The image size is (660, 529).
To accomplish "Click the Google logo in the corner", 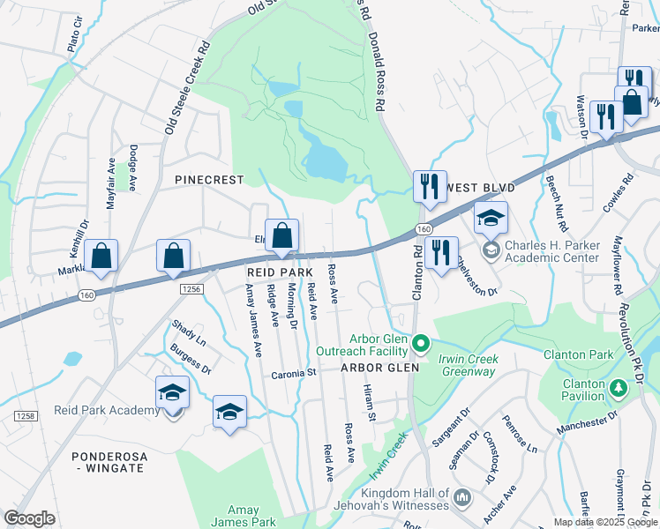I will coord(29,518).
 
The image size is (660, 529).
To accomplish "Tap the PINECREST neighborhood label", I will coord(208,179).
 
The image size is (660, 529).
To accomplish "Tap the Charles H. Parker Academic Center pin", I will coord(491,250).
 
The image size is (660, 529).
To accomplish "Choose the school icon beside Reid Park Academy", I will coord(172,393).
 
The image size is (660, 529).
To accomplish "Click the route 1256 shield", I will coord(191,288).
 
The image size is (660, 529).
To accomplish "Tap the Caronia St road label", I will coord(293,373).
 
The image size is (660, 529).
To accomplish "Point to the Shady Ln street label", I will coord(189,333).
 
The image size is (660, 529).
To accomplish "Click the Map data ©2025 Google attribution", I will coord(605,522).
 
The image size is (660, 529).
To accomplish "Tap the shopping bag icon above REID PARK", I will coord(281,236).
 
